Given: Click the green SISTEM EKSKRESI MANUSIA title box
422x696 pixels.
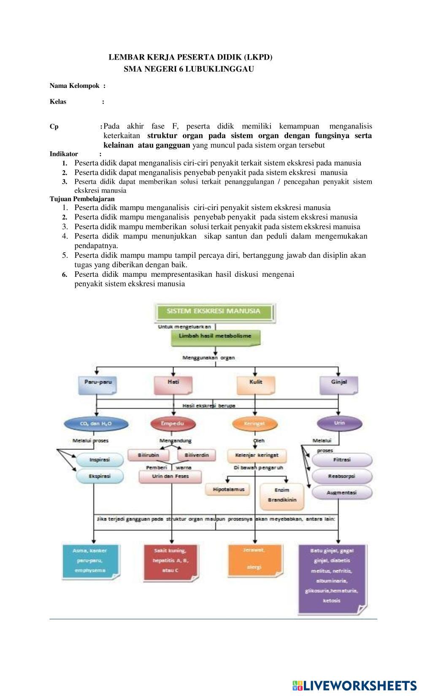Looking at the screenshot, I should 214,311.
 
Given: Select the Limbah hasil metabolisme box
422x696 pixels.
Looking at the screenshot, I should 215,336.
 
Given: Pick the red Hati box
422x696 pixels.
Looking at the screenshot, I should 173,383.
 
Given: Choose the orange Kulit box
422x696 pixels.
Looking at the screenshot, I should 255,383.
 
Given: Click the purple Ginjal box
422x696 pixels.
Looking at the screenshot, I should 339,383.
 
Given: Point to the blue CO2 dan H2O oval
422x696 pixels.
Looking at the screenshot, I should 96,423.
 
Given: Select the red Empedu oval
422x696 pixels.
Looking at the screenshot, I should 173,423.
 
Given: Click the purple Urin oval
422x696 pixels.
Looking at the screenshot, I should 339,423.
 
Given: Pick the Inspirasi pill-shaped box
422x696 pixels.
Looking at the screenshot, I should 100,459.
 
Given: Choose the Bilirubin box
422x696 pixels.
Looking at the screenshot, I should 149,456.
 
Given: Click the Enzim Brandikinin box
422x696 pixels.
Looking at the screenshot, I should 282,495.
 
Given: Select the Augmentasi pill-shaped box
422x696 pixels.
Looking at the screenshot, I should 342,493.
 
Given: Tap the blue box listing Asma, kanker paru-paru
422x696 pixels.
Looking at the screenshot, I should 90,561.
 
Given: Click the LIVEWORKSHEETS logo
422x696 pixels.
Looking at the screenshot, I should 354,685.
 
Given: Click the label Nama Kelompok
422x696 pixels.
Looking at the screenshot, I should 75,86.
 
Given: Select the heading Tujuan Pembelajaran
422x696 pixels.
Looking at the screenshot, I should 82,199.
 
